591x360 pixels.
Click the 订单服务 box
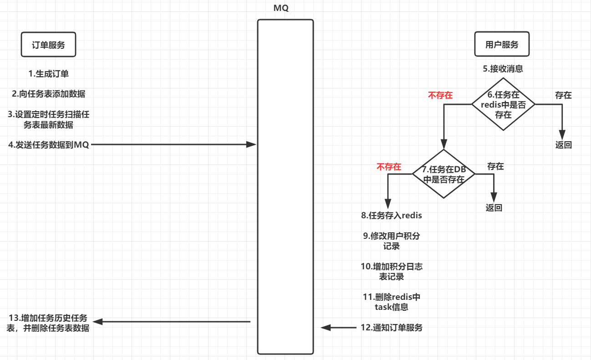click(x=48, y=45)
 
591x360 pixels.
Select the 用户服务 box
click(x=502, y=44)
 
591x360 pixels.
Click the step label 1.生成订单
click(x=49, y=74)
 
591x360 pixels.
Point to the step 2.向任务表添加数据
click(x=49, y=94)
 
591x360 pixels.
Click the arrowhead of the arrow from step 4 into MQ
click(x=251, y=144)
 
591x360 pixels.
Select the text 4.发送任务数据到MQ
click(x=49, y=145)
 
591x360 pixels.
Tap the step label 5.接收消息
click(x=503, y=69)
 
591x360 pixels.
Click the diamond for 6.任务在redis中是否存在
click(x=503, y=104)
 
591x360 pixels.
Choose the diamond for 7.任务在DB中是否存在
click(x=443, y=174)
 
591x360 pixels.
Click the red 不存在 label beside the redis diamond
click(x=440, y=95)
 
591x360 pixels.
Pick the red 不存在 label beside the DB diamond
click(x=388, y=167)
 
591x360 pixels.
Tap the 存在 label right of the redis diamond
click(x=563, y=95)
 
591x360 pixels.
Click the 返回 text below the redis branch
click(x=563, y=145)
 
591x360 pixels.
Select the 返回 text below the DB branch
click(x=494, y=208)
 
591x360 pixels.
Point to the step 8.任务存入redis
click(x=392, y=215)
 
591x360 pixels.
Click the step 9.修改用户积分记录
click(x=392, y=241)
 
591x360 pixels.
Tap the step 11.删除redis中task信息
click(x=392, y=302)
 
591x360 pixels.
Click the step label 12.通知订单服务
click(x=392, y=327)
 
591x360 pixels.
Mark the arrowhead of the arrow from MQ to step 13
click(x=97, y=322)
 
